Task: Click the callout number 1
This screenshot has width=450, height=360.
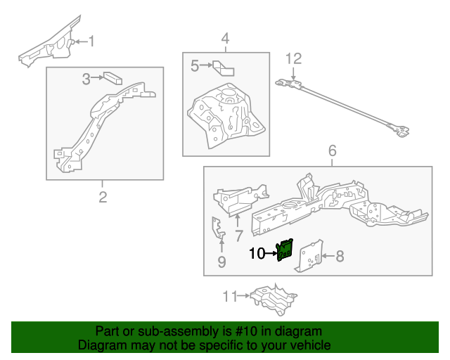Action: pyautogui.click(x=91, y=41)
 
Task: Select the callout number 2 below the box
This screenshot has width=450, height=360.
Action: pyautogui.click(x=103, y=198)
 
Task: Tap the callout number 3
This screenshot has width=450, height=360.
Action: pyautogui.click(x=86, y=79)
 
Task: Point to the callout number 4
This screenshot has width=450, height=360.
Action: pyautogui.click(x=225, y=38)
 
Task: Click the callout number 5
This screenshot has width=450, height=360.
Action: pyautogui.click(x=195, y=66)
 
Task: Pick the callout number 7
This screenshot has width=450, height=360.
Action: pyautogui.click(x=238, y=235)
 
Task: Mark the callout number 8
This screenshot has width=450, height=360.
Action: pyautogui.click(x=340, y=256)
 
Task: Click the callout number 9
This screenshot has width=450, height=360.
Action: pyautogui.click(x=221, y=263)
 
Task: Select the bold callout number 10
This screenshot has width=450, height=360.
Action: pyautogui.click(x=257, y=253)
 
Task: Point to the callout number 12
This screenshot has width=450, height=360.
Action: pyautogui.click(x=293, y=58)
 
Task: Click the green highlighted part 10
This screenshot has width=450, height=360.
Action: pyautogui.click(x=285, y=250)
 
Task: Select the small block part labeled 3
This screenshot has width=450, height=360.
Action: pyautogui.click(x=112, y=77)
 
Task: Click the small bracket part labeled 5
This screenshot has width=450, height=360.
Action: pyautogui.click(x=224, y=67)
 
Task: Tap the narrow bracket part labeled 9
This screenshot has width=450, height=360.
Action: pyautogui.click(x=218, y=229)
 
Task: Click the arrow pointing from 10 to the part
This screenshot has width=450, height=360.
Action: pyautogui.click(x=271, y=253)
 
